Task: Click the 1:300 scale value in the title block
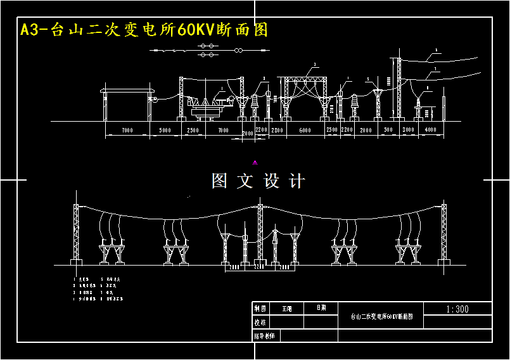tap(457, 309)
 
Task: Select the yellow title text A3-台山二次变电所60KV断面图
tap(144, 30)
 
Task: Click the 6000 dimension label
tap(305, 130)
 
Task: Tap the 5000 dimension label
tap(165, 130)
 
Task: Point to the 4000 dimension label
tap(430, 130)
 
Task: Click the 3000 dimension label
tap(409, 130)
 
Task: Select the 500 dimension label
tap(388, 130)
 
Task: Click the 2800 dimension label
tap(277, 130)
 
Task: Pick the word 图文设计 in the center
tap(258, 181)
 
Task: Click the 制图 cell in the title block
tap(260, 309)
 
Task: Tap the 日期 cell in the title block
tap(321, 308)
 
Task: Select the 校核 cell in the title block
tap(260, 322)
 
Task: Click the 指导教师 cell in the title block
tap(265, 335)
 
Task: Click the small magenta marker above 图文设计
tap(255, 163)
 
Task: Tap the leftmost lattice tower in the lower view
tap(77, 235)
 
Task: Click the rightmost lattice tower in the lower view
tap(443, 235)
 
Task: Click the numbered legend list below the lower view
tap(98, 288)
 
